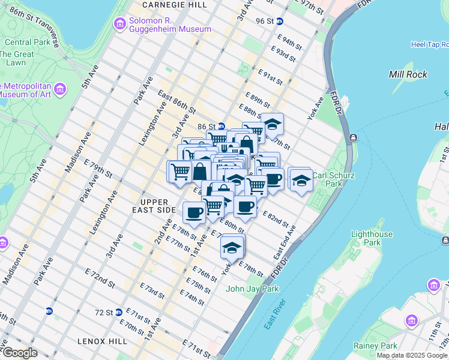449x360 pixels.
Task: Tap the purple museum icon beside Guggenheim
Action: (x=118, y=24)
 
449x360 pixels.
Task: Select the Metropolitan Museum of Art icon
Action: (x=59, y=90)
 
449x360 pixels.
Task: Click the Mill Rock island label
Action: (x=408, y=74)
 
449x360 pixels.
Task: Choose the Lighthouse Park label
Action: (x=372, y=238)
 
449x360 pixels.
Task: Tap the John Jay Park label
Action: (x=252, y=289)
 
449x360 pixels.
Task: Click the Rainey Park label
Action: (x=379, y=346)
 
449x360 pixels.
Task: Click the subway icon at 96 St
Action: (x=288, y=21)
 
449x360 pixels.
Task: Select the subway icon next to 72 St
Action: (x=119, y=312)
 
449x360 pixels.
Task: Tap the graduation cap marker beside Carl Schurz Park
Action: (x=300, y=179)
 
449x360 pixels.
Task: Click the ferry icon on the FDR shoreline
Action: (x=353, y=138)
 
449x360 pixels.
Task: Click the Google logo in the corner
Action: (x=20, y=353)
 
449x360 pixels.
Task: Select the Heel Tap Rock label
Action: (x=429, y=44)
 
